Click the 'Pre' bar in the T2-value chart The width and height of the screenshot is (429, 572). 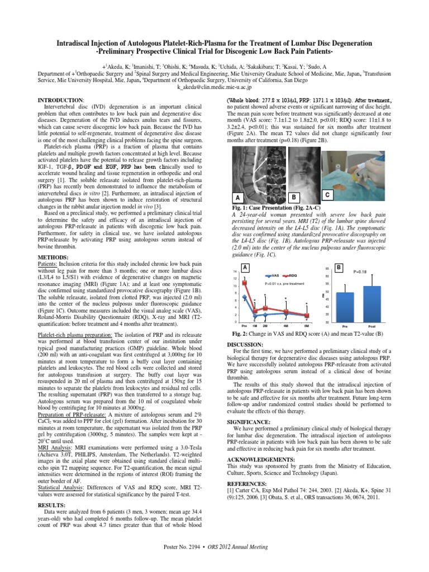pyautogui.click(x=345, y=307)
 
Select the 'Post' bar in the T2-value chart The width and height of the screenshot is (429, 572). pyautogui.click(x=372, y=303)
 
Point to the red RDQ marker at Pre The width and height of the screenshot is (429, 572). pyautogui.click(x=244, y=283)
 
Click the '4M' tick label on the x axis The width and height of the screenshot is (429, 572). pyautogui.click(x=285, y=325)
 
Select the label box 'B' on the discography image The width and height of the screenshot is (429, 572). pyautogui.click(x=294, y=197)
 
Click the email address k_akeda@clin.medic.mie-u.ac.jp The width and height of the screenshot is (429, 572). pyautogui.click(x=214, y=88)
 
